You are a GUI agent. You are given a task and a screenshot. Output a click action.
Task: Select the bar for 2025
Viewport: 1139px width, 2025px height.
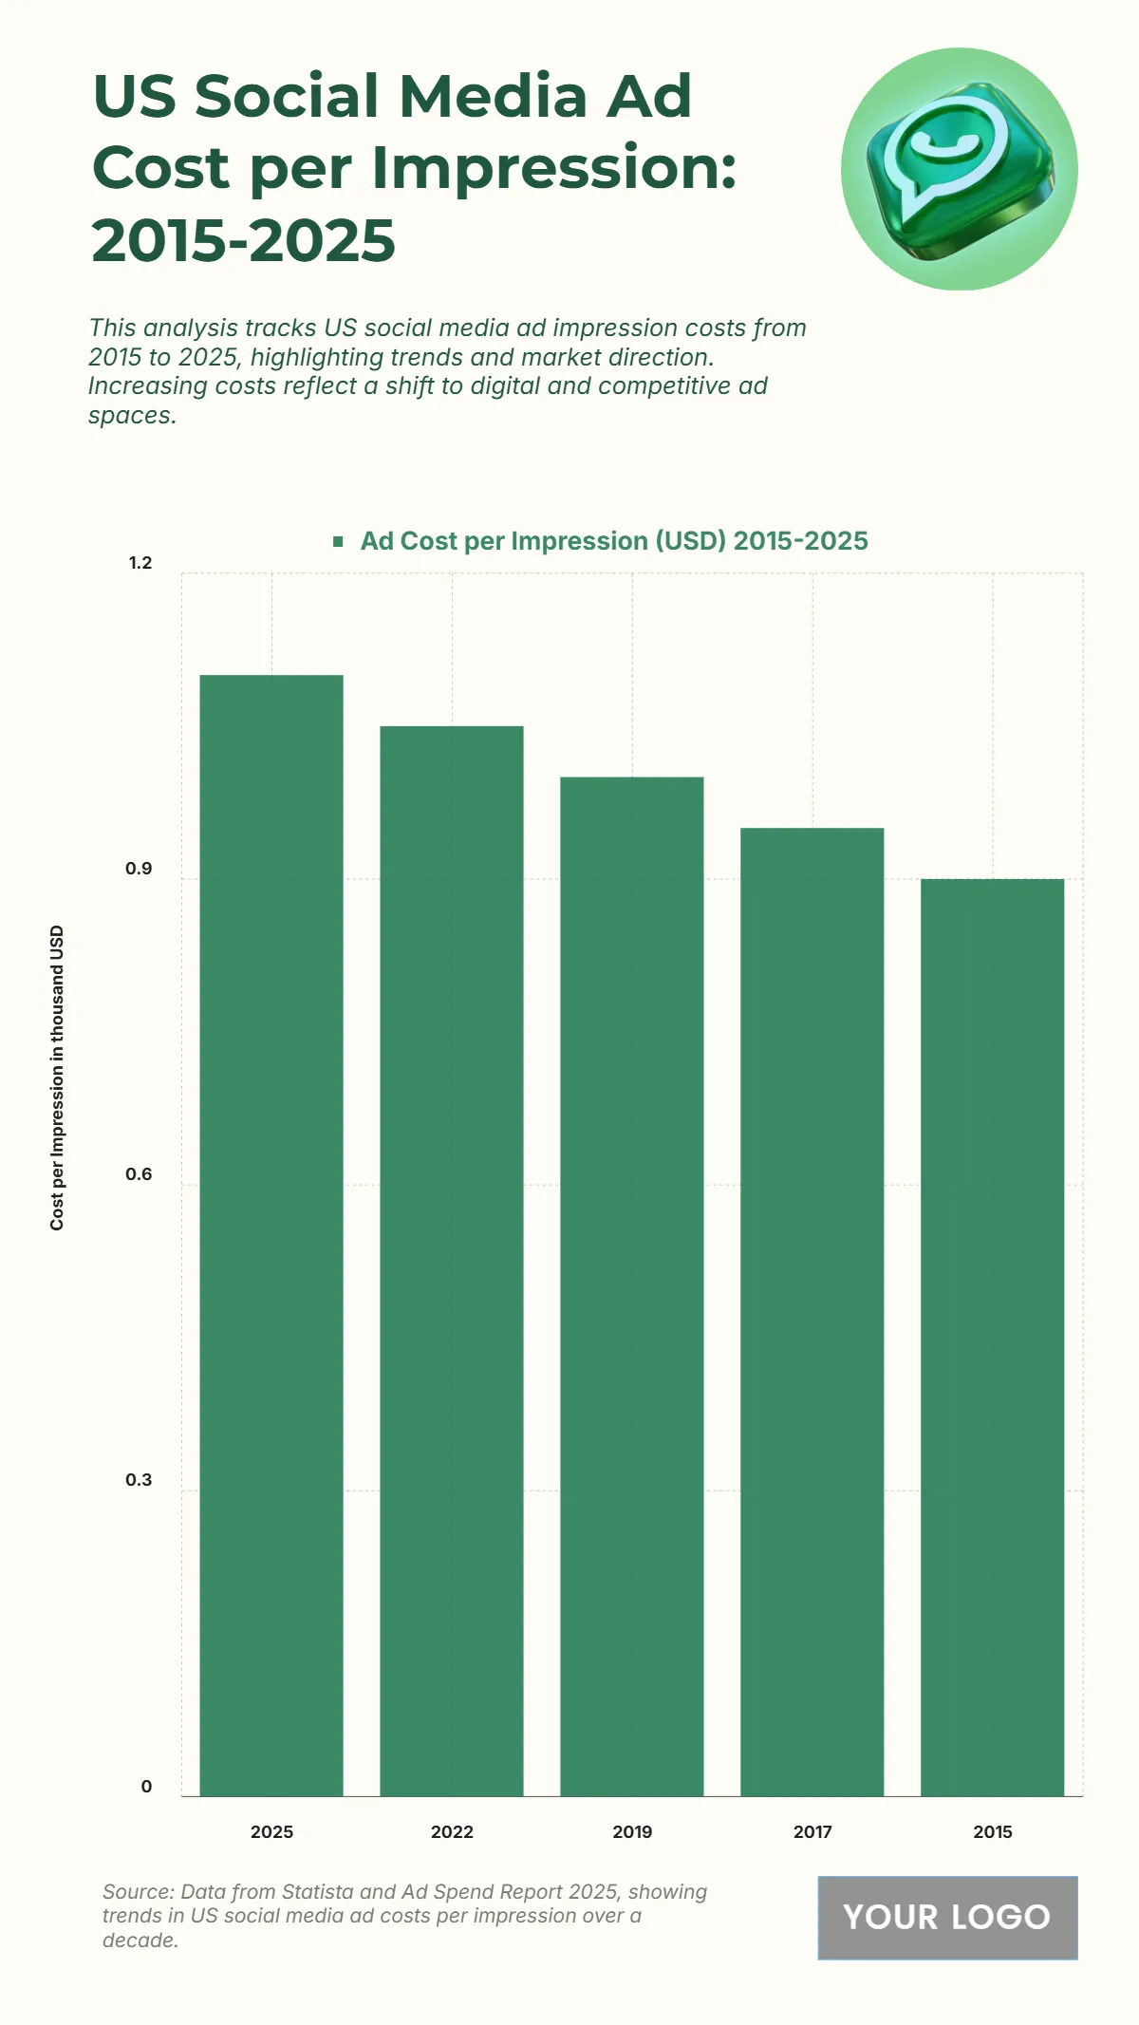pos(271,1234)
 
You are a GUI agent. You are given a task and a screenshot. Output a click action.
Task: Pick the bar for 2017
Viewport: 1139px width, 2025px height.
pos(812,1311)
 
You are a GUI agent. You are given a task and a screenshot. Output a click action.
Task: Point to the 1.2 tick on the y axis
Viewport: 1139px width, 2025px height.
pos(140,563)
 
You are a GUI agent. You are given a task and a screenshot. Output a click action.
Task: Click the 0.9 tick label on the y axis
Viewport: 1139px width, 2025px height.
pos(139,869)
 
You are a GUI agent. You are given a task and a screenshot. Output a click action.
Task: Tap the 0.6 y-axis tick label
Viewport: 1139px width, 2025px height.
pos(139,1174)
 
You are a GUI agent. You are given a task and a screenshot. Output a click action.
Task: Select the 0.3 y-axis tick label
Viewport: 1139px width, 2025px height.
pos(139,1480)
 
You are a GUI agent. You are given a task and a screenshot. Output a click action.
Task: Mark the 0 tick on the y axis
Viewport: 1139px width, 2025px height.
pos(146,1787)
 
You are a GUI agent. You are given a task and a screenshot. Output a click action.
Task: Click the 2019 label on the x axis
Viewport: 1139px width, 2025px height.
pos(632,1832)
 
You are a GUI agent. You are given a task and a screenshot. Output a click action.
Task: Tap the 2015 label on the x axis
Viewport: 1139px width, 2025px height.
pos(993,1832)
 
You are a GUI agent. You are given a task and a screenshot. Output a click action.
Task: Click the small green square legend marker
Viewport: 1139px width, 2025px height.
pos(338,542)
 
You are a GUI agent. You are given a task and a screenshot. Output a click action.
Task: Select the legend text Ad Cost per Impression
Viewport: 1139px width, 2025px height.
pos(613,541)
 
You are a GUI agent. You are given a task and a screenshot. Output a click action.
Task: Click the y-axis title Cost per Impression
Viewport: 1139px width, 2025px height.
pos(57,1078)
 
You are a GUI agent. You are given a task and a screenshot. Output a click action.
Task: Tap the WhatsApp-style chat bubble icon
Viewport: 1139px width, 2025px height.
pos(959,169)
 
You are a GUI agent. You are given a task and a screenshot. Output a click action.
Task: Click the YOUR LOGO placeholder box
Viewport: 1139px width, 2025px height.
pos(947,1918)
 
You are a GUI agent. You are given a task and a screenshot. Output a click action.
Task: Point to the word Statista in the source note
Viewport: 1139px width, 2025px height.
pos(358,1892)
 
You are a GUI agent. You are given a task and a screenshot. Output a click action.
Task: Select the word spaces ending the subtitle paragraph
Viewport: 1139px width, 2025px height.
pos(132,416)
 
